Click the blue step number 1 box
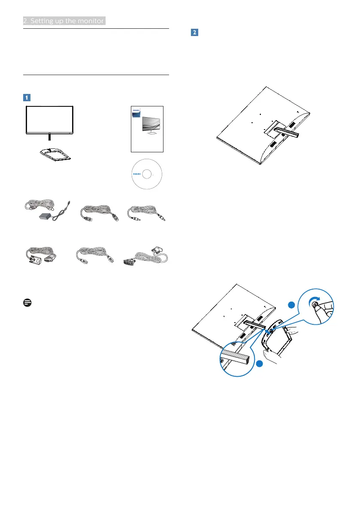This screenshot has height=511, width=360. (27, 97)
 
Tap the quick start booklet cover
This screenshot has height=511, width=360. (147, 129)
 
